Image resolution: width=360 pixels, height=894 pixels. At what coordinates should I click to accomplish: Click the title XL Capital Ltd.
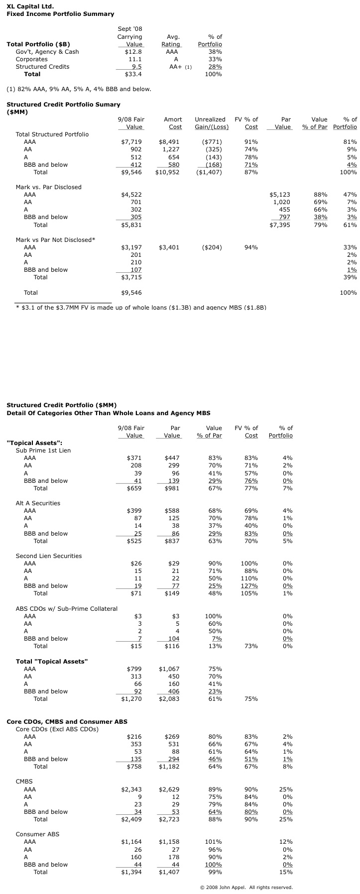click(30, 6)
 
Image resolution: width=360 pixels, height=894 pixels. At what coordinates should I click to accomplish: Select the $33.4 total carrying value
click(134, 74)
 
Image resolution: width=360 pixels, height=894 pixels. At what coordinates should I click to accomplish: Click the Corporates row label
click(31, 59)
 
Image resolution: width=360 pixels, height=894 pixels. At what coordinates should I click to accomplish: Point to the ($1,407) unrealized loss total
click(208, 172)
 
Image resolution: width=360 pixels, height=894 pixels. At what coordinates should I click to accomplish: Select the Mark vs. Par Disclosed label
click(48, 187)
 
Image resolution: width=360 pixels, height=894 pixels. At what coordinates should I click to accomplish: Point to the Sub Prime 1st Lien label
click(43, 450)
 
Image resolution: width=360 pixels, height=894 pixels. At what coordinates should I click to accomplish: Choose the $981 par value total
click(172, 488)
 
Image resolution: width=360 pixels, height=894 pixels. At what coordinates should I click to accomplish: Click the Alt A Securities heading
click(38, 503)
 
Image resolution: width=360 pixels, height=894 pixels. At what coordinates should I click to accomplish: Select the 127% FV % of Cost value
click(249, 586)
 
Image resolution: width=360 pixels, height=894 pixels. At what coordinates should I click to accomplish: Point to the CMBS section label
click(24, 782)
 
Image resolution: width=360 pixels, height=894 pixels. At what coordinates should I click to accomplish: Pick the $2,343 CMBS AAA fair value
click(131, 789)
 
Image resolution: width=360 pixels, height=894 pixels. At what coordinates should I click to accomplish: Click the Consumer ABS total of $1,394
click(131, 872)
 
